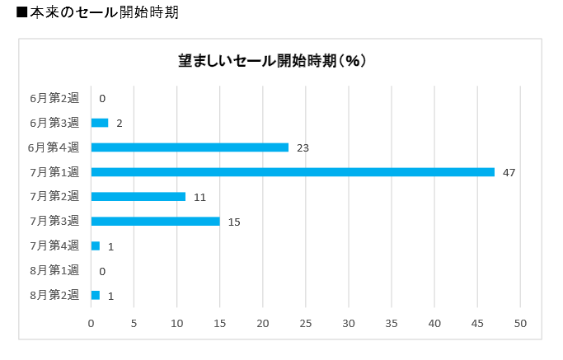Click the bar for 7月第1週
coord(293,172)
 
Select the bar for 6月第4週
coord(190,147)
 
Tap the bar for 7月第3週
coord(155,222)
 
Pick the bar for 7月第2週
coord(138,197)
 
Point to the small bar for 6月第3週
coord(100,123)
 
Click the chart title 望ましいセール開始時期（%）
coord(273,61)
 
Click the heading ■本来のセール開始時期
coord(91,13)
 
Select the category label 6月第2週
coord(54,98)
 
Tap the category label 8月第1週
coord(54,270)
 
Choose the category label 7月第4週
coord(54,245)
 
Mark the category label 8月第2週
coord(54,295)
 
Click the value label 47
coord(509,172)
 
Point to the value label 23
coord(303,147)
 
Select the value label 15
coord(234,222)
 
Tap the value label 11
coord(199,197)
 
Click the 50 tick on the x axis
coord(520,323)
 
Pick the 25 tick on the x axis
coord(306,323)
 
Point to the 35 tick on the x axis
coord(392,323)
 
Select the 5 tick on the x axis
coord(134,323)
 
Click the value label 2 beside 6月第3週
coord(120,123)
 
